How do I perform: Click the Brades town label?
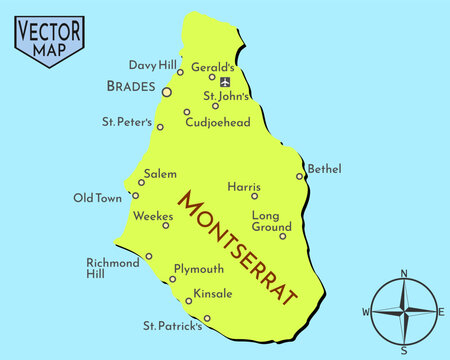[130, 87]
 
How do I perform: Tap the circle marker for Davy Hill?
[180, 72]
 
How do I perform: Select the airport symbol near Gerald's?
[225, 82]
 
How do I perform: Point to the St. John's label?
[226, 97]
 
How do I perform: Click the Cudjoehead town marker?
[187, 112]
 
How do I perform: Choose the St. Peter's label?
[126, 123]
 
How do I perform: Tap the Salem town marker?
[141, 182]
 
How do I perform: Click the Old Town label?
[97, 198]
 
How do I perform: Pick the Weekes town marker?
[166, 225]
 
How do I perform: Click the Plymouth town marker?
[172, 278]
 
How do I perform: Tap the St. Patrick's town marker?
[207, 319]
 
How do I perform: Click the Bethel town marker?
[299, 176]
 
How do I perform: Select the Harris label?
[243, 186]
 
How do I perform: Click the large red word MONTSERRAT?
[238, 246]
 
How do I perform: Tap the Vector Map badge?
[49, 39]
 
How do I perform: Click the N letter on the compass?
[404, 273]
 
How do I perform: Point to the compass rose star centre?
[404, 311]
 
